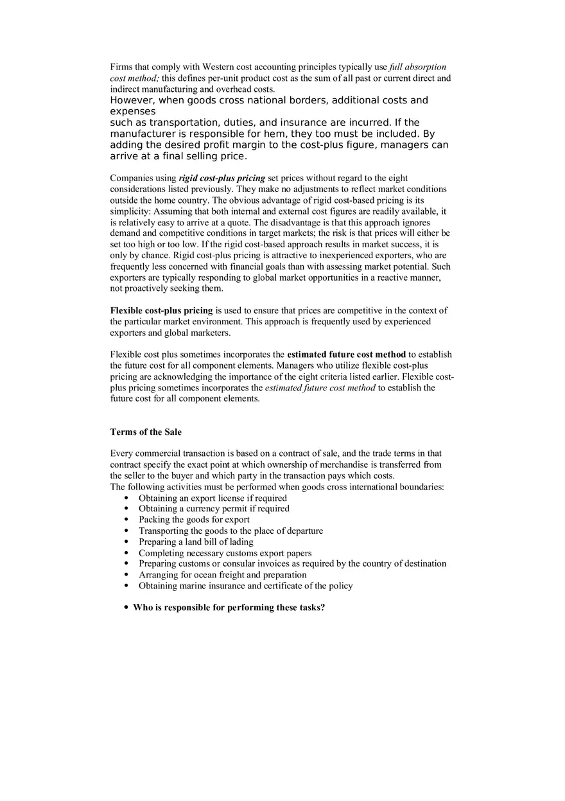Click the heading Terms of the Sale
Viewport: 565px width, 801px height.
click(146, 432)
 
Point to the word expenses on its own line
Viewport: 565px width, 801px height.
click(133, 112)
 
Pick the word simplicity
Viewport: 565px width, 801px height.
click(130, 211)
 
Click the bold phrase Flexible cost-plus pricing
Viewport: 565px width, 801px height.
click(161, 311)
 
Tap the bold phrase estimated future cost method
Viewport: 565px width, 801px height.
click(346, 355)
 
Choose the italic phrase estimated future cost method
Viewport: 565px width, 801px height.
click(320, 388)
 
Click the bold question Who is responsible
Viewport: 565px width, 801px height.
click(229, 608)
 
